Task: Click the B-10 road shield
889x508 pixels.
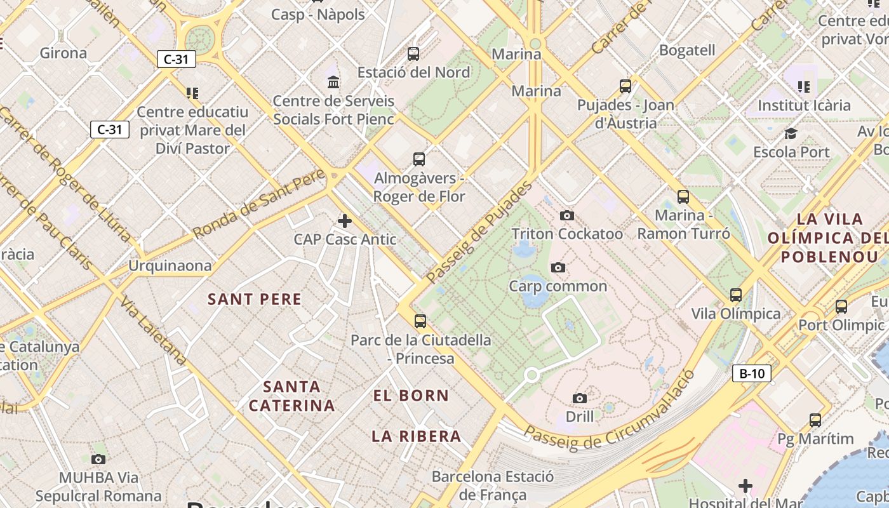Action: coord(752,373)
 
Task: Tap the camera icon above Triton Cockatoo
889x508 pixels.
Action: coord(567,216)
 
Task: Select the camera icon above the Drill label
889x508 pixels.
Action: coord(580,398)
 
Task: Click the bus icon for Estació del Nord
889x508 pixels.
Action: coord(413,54)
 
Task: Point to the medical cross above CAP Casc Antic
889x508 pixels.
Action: coord(345,221)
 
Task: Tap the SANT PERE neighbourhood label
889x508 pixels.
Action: coord(255,299)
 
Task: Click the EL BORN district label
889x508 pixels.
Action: coord(411,396)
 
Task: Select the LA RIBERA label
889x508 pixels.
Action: coord(416,436)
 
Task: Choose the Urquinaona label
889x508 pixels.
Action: coord(170,265)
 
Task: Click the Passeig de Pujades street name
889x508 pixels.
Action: coord(479,233)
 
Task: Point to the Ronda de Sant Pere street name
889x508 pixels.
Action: coord(259,204)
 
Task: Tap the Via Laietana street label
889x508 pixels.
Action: coord(154,331)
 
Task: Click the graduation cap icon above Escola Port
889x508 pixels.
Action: coord(791,133)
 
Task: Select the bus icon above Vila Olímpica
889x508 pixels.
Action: coord(736,295)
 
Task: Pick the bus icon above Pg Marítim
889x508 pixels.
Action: coord(815,420)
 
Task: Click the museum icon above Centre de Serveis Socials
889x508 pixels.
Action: coord(333,82)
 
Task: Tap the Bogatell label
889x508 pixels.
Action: coord(687,50)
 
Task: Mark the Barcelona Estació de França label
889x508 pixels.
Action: coord(493,485)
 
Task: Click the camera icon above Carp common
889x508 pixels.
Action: coord(558,267)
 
